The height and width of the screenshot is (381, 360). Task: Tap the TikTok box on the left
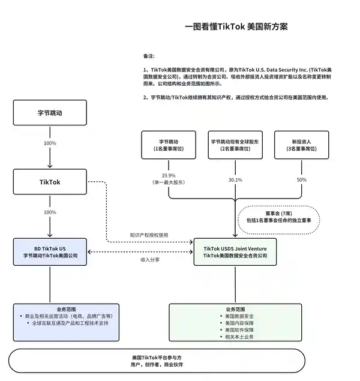tap(50, 181)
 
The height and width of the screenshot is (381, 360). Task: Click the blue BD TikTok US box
tap(50, 252)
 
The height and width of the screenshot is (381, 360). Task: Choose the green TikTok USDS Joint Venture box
tap(235, 252)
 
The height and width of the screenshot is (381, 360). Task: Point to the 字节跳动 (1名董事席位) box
tap(169, 145)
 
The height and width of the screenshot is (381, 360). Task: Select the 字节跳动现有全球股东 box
tap(235, 145)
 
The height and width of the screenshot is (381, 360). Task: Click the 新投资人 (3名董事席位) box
tap(302, 145)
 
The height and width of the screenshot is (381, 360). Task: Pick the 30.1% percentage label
tap(235, 179)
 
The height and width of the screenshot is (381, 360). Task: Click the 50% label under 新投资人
tap(302, 179)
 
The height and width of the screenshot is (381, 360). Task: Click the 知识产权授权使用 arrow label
tap(149, 235)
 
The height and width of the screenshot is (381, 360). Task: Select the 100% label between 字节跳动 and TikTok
tap(50, 143)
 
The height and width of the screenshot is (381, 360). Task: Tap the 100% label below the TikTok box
tap(50, 212)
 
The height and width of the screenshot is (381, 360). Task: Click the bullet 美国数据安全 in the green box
tap(239, 316)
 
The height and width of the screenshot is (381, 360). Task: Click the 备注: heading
tap(149, 56)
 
